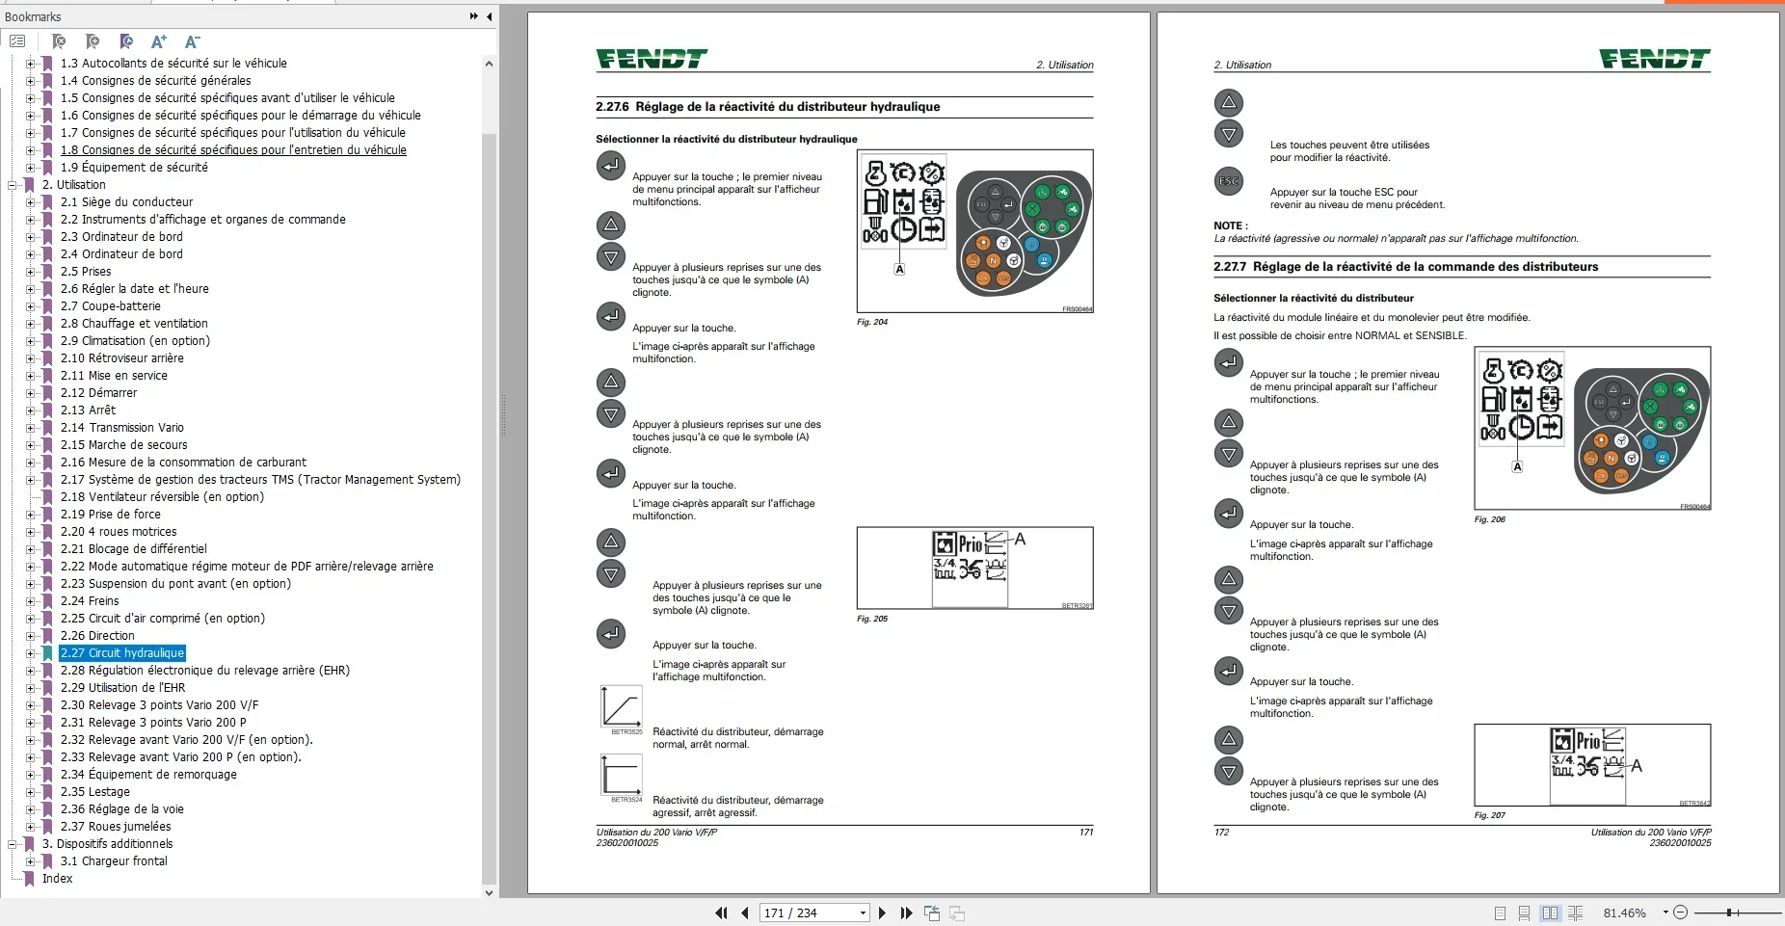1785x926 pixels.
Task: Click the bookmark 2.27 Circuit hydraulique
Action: pos(121,653)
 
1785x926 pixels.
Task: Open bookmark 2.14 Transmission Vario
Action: pos(121,428)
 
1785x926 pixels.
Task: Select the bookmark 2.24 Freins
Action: pos(90,601)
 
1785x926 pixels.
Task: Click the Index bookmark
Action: pos(57,879)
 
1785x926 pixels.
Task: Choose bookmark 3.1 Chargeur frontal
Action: pos(114,861)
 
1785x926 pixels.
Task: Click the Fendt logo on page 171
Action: pos(652,60)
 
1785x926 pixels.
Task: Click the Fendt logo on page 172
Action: pos(1654,60)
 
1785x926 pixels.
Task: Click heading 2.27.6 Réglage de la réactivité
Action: pos(767,107)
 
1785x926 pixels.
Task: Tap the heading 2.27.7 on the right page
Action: pos(1405,267)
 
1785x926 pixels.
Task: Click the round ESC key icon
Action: pos(1229,181)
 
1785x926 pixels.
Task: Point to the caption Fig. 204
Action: pos(872,322)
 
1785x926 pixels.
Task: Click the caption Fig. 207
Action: pos(1489,815)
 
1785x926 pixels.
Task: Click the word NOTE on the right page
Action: pos(1229,225)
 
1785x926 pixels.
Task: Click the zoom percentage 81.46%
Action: pos(1624,913)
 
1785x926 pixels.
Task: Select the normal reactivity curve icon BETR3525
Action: pos(621,707)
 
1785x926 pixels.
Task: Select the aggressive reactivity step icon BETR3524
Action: pos(621,775)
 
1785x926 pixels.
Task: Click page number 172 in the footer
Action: pos(1221,832)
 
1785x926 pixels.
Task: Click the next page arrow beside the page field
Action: pos(882,913)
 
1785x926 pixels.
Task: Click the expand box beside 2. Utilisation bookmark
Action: pos(13,185)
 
